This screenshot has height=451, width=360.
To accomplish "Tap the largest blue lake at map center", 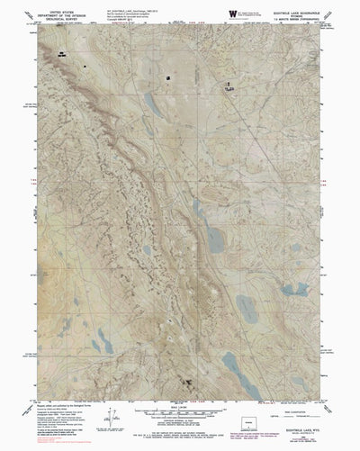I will (214, 238).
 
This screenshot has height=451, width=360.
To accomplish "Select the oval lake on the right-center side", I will (291, 290).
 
